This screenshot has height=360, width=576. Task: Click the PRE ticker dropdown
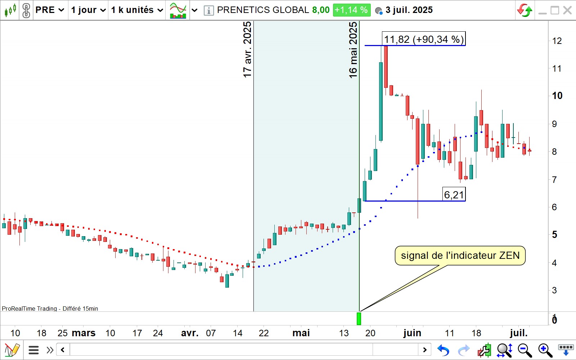(x=50, y=10)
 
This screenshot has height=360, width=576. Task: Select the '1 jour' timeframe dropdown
(x=88, y=10)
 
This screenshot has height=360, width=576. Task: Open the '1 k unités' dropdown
(x=137, y=10)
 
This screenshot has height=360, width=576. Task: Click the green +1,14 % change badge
(x=351, y=10)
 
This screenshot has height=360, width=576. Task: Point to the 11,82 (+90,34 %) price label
(x=423, y=39)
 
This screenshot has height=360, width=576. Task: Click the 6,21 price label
(x=454, y=195)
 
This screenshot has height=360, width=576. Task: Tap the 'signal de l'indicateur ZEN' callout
(x=460, y=256)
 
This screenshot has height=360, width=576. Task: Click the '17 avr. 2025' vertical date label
(x=247, y=50)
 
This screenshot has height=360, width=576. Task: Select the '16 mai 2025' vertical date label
(x=353, y=50)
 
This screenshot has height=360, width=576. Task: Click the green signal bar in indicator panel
(x=359, y=319)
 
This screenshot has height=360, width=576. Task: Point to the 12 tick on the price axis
(x=557, y=41)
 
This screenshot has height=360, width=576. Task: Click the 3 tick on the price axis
(x=554, y=290)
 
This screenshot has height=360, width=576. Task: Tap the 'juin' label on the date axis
(x=412, y=333)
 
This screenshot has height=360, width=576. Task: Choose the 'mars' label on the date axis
(x=84, y=333)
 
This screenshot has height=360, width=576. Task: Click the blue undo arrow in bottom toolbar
(x=444, y=350)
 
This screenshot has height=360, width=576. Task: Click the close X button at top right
(x=568, y=10)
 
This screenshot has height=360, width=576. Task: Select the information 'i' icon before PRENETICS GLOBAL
(x=208, y=10)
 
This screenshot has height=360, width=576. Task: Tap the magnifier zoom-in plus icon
(x=545, y=350)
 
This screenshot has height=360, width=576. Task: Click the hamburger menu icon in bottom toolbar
(x=33, y=350)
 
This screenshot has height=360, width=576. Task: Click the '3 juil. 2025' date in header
(x=409, y=10)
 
